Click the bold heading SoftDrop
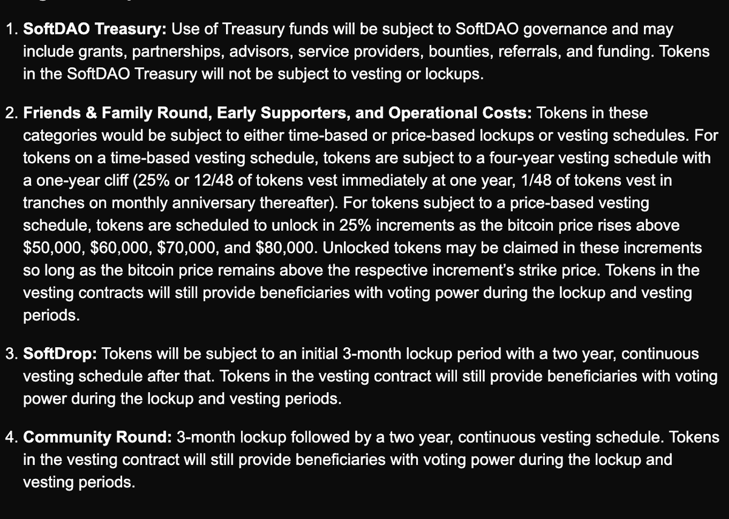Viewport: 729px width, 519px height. [57, 353]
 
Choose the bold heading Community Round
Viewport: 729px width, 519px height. [97, 437]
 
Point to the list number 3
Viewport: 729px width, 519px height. [10, 353]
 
